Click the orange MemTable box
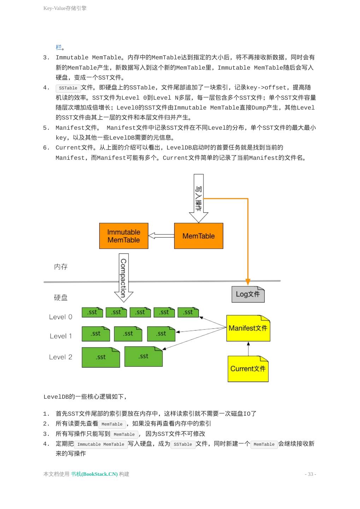click(199, 236)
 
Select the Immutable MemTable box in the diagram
click(124, 236)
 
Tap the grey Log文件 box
click(248, 294)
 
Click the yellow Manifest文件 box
click(248, 328)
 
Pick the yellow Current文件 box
click(248, 369)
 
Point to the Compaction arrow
click(123, 277)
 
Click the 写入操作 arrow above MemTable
click(199, 198)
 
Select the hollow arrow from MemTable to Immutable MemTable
click(161, 236)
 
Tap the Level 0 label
click(60, 317)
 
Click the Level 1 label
click(61, 336)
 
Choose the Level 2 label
click(60, 357)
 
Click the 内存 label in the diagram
click(61, 267)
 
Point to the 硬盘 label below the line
click(61, 298)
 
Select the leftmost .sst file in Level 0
click(92, 312)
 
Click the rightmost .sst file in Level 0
click(188, 312)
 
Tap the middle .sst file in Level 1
click(128, 334)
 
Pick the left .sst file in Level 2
click(101, 357)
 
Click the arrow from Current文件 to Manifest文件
click(248, 349)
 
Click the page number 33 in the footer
click(310, 474)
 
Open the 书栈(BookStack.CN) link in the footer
click(94, 474)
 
